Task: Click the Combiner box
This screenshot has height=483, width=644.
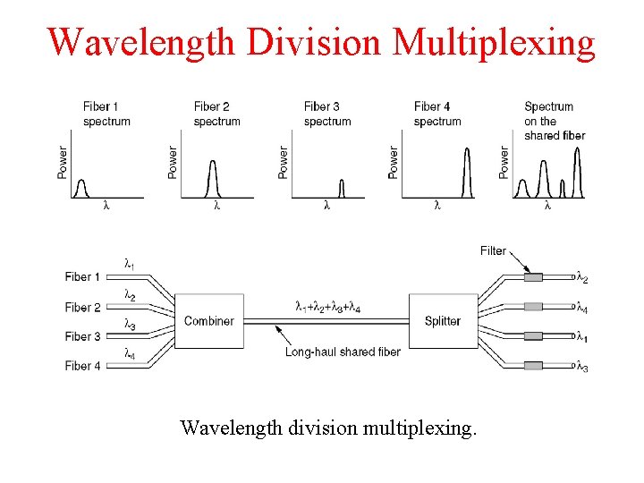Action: (x=208, y=321)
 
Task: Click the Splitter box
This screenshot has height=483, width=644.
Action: (x=442, y=321)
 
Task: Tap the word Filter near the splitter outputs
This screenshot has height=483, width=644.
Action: (x=493, y=250)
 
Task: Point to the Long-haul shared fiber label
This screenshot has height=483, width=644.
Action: (x=343, y=352)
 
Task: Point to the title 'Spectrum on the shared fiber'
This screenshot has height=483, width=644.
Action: (x=555, y=121)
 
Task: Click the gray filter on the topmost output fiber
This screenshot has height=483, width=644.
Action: (x=533, y=277)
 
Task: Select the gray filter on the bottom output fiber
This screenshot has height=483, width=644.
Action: (x=533, y=366)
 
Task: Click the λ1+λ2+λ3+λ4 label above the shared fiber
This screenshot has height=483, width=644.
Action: (x=328, y=307)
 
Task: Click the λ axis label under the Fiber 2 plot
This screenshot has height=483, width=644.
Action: (x=216, y=206)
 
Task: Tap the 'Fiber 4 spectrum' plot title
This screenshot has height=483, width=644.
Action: (x=437, y=114)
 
